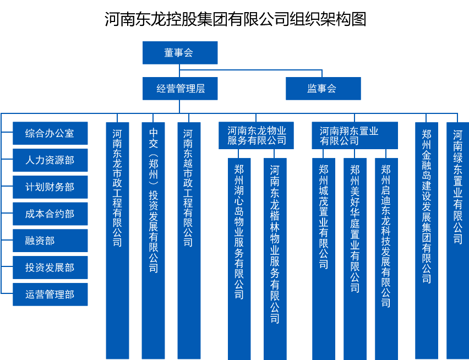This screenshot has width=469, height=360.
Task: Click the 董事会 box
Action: tap(179, 53)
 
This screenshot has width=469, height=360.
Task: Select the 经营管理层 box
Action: tap(179, 89)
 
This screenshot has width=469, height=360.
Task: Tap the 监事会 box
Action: tap(323, 89)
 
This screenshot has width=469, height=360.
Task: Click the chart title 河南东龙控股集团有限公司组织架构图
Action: tap(235, 19)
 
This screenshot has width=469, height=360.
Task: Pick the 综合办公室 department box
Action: tap(50, 133)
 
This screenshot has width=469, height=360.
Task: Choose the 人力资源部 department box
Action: tap(50, 160)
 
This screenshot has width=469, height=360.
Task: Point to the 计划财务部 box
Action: tap(50, 187)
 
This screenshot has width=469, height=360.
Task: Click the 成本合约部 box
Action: tap(50, 214)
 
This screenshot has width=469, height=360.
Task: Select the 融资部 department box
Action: tap(50, 241)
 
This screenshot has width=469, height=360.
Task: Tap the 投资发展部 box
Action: tap(50, 268)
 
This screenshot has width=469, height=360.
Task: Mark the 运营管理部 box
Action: tap(50, 294)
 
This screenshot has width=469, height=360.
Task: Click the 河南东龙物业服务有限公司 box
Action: tap(257, 135)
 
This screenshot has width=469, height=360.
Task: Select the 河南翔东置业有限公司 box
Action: tap(355, 135)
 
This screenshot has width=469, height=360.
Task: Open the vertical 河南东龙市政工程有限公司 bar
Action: tap(117, 240)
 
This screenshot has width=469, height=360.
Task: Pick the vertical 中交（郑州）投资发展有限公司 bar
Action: tap(153, 240)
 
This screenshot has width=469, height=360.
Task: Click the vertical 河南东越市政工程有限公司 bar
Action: tap(189, 240)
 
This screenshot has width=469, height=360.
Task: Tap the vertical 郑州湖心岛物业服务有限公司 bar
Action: tap(239, 259)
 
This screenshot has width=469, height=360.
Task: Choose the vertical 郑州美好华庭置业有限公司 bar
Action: tap(355, 259)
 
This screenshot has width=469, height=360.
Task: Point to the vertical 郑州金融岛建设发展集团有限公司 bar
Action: tap(427, 240)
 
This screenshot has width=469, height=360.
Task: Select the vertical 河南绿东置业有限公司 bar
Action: tap(457, 240)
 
